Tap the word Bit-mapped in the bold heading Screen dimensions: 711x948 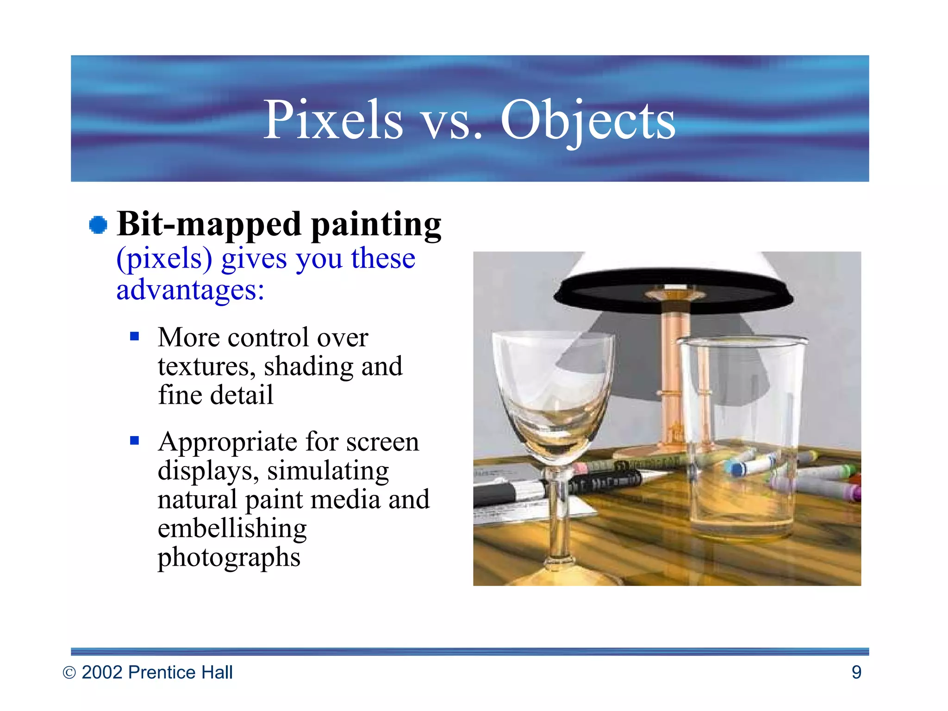point(209,225)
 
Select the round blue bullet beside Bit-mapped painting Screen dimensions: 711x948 point(98,225)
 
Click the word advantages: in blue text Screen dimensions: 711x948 point(190,290)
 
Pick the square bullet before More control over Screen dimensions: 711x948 point(135,336)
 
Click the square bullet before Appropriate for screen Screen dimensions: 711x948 point(135,440)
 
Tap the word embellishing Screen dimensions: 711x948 point(232,529)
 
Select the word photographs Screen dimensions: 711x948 point(229,557)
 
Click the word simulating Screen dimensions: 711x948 point(328,471)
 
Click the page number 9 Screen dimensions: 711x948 point(856,672)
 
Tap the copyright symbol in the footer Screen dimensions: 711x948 point(69,673)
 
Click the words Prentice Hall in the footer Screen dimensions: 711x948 point(180,672)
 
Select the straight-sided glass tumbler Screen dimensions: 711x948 point(741,440)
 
